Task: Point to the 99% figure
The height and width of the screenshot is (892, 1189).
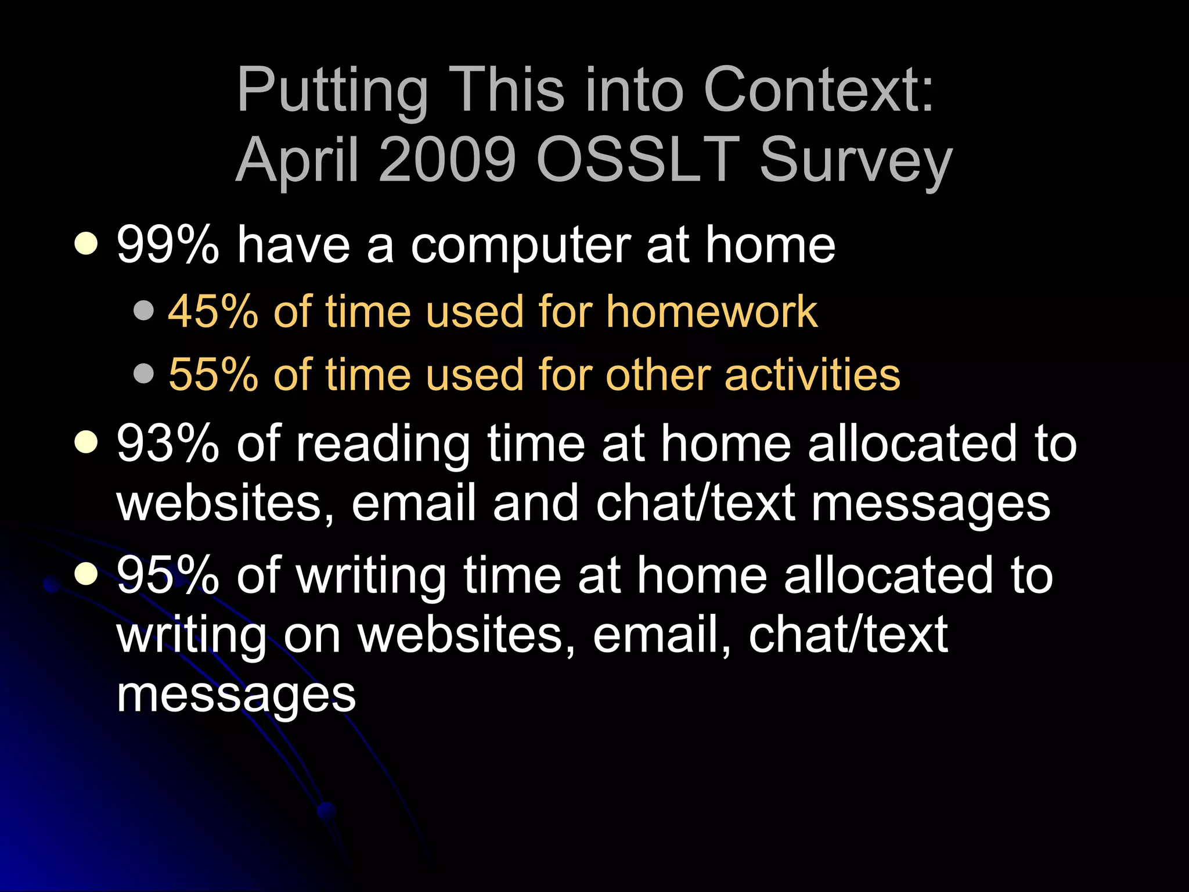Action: coord(168,245)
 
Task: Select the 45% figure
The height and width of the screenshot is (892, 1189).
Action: coord(213,312)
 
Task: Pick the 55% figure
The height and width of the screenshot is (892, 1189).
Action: coord(213,375)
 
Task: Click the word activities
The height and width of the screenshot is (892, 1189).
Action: coord(812,375)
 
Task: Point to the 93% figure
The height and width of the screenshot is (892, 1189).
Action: coord(168,444)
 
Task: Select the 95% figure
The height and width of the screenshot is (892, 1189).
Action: coord(168,575)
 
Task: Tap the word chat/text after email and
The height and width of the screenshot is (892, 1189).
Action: coord(696,502)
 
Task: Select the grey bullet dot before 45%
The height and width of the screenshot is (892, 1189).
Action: coord(143,310)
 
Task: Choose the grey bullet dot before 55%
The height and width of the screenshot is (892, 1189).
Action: coord(143,373)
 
